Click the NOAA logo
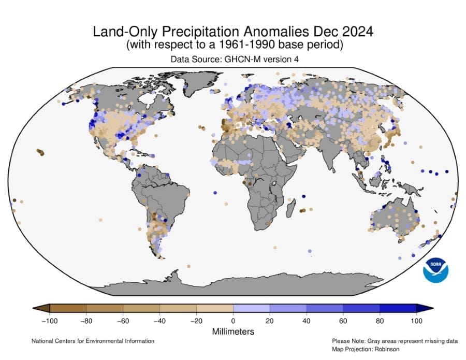click(435, 270)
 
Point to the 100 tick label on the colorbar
click(416, 321)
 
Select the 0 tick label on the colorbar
click(233, 321)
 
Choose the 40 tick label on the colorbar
click(307, 321)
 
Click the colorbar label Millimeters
click(233, 331)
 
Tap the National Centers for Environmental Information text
click(93, 341)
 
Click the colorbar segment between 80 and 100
click(398, 309)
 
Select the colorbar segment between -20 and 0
click(214, 309)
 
